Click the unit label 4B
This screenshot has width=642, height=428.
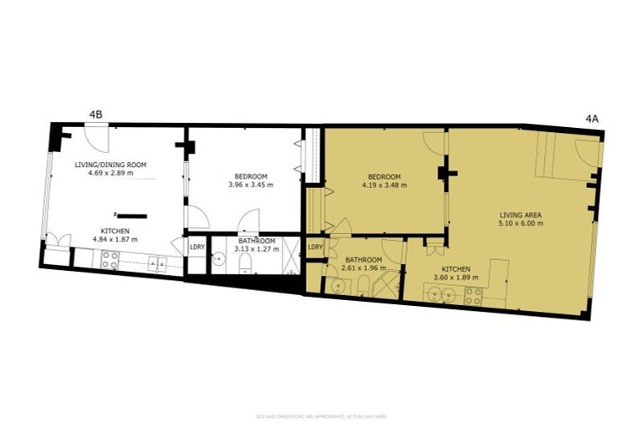pos(95,115)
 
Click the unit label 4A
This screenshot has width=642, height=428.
pos(592,120)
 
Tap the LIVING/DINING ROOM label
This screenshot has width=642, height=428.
pos(110,165)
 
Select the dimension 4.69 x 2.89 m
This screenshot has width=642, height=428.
pos(110,173)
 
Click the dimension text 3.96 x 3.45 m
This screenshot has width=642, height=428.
pos(251,185)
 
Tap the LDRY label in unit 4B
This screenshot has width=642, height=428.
pos(197,247)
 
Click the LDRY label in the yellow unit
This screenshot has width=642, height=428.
pos(315,247)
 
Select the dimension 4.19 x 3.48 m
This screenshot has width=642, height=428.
pos(385,185)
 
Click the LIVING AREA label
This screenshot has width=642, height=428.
pos(521,214)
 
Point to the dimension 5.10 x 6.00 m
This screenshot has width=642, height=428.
pos(521,223)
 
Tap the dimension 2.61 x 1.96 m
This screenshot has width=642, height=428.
pos(364,268)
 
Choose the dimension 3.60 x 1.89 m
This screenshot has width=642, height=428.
pos(452,278)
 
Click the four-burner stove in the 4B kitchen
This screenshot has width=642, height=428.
pos(110,260)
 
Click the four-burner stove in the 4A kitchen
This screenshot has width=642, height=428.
pos(473,295)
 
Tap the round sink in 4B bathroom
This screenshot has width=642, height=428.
pos(220,262)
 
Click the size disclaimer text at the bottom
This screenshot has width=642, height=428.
pos(321,415)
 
